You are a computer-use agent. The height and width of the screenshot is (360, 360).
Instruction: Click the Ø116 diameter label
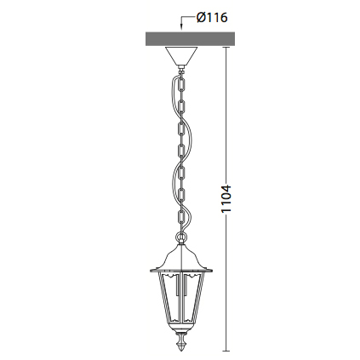[x=212, y=18]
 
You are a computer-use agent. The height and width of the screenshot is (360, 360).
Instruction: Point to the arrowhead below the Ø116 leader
[x=181, y=28]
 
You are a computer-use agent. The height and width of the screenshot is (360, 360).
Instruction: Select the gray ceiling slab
[x=190, y=39]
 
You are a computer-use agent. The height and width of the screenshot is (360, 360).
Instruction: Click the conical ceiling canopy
[x=181, y=56]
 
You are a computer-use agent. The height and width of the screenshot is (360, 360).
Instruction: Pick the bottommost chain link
[x=181, y=217]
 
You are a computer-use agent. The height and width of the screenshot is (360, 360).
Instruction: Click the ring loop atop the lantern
[x=181, y=237]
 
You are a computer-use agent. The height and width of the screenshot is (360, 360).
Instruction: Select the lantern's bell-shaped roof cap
[x=181, y=258]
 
